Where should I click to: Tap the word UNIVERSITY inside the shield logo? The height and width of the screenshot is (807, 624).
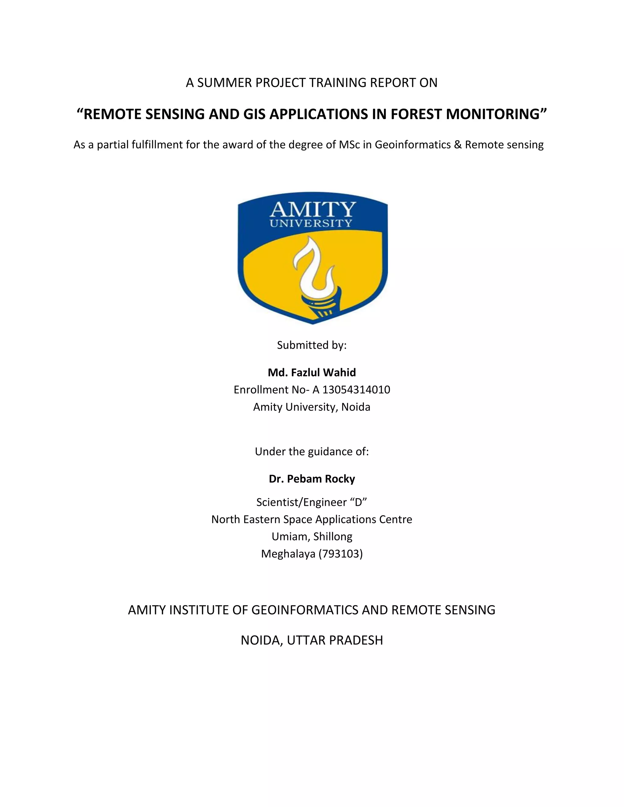(311, 224)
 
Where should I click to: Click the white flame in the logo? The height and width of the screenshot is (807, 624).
(310, 266)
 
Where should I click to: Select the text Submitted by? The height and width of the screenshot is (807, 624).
(312, 345)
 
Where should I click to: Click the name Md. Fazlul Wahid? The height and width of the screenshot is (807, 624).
(312, 372)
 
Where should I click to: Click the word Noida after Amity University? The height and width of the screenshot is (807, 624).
(356, 407)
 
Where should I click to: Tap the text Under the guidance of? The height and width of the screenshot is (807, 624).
(312, 452)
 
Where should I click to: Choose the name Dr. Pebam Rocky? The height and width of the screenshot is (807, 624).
(312, 479)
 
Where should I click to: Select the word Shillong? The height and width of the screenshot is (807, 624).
(333, 537)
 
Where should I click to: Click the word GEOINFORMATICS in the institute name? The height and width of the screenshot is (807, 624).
(305, 610)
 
